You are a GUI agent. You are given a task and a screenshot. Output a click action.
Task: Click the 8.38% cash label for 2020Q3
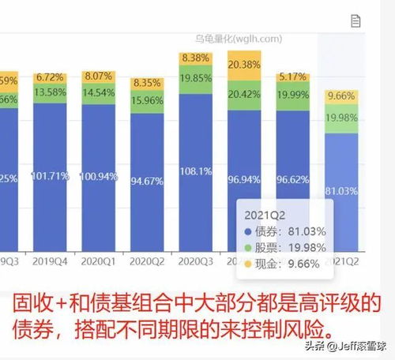[x=196, y=58]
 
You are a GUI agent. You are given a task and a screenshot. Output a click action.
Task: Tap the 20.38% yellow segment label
[x=243, y=64]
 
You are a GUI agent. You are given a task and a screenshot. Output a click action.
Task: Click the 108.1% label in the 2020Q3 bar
[x=196, y=171]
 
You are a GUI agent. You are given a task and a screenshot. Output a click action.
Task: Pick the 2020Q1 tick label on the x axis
[x=99, y=260]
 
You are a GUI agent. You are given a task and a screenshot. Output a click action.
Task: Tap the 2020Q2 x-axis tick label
[x=146, y=260]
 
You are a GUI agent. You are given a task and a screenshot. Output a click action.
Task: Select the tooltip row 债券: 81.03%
[x=290, y=231]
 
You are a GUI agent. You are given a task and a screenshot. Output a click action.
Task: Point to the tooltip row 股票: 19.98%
[x=290, y=248]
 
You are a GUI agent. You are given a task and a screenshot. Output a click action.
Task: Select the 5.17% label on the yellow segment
[x=292, y=77]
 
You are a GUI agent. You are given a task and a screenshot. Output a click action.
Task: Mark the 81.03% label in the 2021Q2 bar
[x=342, y=190]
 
